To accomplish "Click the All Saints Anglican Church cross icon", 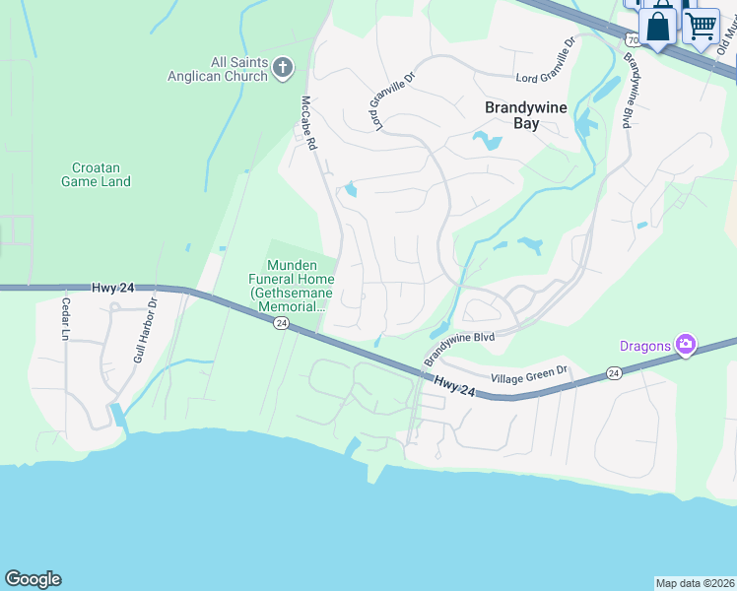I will point(283,68).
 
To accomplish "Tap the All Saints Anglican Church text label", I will point(220,69).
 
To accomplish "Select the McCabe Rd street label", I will point(309,123).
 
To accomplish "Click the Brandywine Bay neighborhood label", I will point(526,116).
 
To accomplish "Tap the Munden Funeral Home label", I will point(293,286).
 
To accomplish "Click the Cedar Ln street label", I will point(67,319).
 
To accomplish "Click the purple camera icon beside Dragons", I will point(686,345).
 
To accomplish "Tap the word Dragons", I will point(644,345).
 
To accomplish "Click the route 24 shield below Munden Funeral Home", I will point(281,323).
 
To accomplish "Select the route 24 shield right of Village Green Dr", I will point(615,373).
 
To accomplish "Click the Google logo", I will point(33,579).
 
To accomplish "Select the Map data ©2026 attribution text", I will point(695,583).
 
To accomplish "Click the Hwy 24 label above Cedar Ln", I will point(113,288).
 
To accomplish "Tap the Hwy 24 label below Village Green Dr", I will point(453,387).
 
